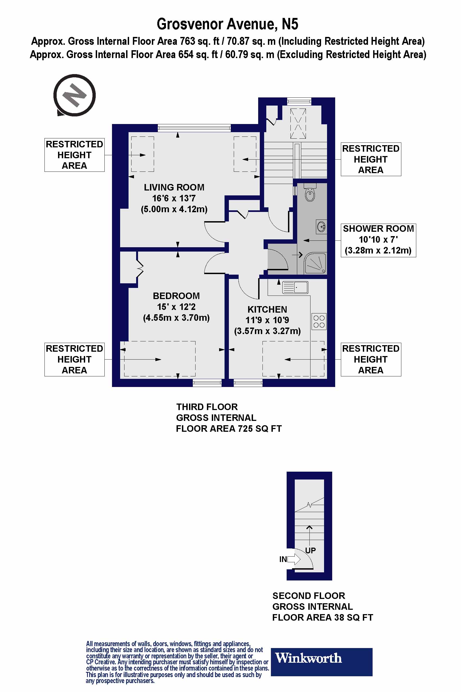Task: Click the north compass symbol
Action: pos(74,95)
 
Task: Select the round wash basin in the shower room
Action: pos(321,227)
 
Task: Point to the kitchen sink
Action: pos(295,287)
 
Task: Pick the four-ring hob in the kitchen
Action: pos(319,321)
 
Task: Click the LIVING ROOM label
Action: pos(174,188)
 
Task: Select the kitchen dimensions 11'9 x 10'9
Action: pos(267,320)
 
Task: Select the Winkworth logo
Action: pos(321,661)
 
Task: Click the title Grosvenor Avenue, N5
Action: pos(227,24)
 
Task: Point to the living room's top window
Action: pos(194,127)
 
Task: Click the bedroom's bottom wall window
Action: pos(207,382)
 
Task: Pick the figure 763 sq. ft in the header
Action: pos(199,41)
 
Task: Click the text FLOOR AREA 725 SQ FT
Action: pos(228,429)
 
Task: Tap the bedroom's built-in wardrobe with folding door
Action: pos(129,267)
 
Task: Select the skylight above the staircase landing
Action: pos(298,123)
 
